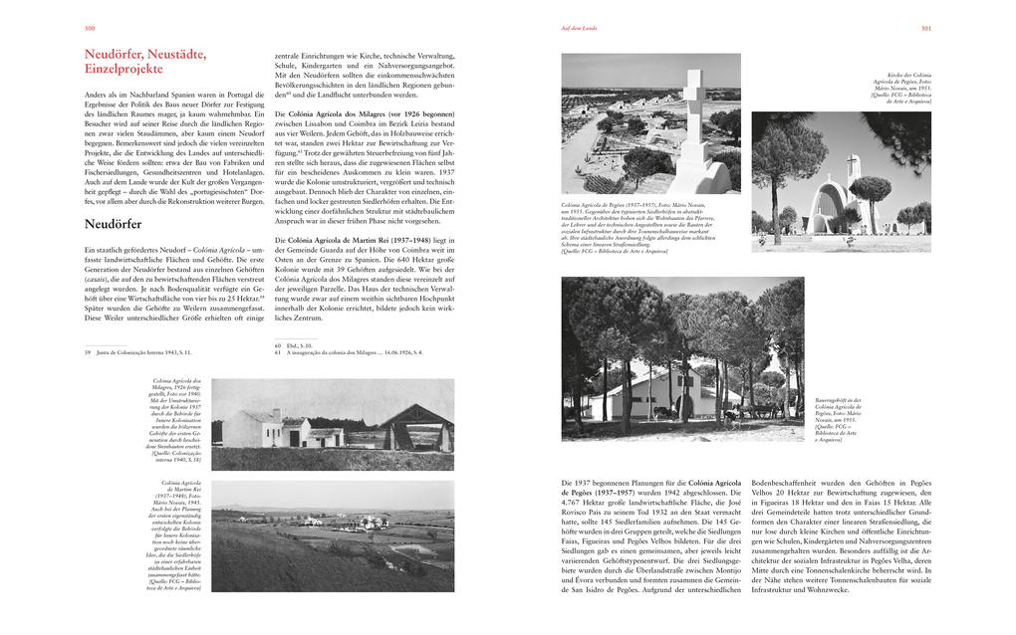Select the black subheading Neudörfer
pyautogui.click(x=113, y=224)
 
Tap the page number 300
pyautogui.click(x=90, y=29)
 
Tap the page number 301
pyautogui.click(x=925, y=29)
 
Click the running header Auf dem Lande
pyautogui.click(x=581, y=29)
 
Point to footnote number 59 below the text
pyautogui.click(x=88, y=352)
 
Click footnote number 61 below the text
pyautogui.click(x=278, y=352)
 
